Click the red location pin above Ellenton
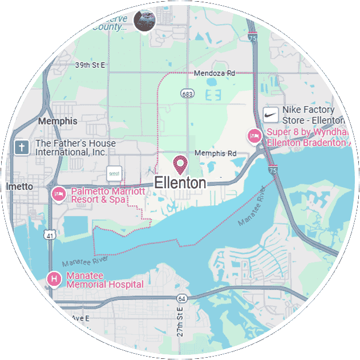(x=181, y=164)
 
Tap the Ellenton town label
(x=180, y=183)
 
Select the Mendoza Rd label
(x=214, y=74)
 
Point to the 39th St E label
(x=90, y=65)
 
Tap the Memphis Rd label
(x=215, y=153)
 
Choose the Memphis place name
(x=57, y=122)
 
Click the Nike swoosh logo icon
(x=272, y=115)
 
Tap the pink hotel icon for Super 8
(x=253, y=136)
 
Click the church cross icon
(x=22, y=148)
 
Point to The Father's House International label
(x=75, y=148)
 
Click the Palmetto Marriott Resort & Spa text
(x=107, y=196)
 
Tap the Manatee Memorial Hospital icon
(x=53, y=279)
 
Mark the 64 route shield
(x=181, y=298)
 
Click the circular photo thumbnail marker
(x=144, y=20)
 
